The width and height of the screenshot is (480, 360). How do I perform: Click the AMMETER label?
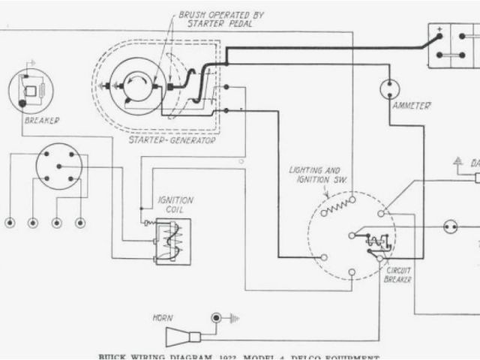411,106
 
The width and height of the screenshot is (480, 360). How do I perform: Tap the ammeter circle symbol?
388,90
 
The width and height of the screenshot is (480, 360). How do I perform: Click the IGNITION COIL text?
175,205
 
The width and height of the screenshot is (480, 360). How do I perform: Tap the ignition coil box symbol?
171,240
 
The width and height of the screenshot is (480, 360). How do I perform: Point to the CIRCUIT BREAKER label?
397,274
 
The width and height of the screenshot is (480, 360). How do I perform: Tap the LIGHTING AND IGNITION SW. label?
315,175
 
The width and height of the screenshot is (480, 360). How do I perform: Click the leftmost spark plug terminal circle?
10,223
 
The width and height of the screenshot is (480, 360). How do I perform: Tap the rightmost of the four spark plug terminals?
80,223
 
